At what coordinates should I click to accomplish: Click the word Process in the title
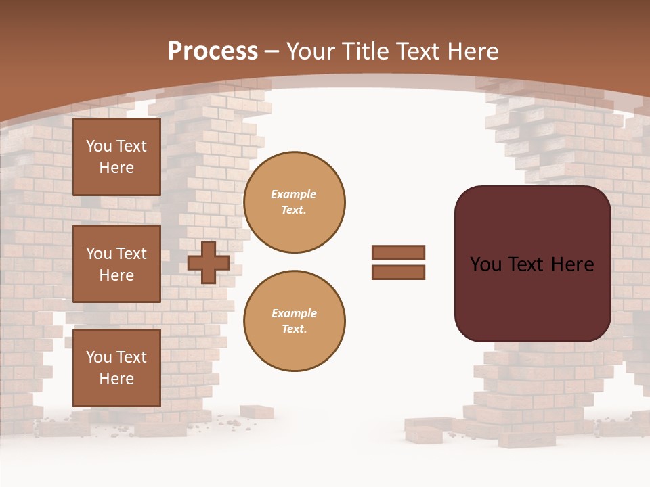[213, 51]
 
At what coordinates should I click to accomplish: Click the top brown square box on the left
[116, 157]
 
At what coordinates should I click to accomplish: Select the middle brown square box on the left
[116, 264]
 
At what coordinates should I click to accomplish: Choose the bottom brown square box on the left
[116, 367]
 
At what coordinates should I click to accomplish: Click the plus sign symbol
[209, 262]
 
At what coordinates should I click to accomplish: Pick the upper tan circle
[294, 202]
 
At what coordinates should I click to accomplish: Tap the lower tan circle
[294, 321]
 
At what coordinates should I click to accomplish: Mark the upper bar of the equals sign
[399, 253]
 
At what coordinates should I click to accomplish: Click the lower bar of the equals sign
[399, 273]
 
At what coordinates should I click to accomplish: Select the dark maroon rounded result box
[532, 264]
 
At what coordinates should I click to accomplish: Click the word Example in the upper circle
[294, 194]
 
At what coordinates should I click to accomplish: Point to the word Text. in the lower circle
[294, 329]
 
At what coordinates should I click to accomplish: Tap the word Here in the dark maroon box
[572, 264]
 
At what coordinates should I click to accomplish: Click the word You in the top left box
[99, 146]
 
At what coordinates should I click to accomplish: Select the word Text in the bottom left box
[131, 357]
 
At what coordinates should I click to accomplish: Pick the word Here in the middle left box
[116, 275]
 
